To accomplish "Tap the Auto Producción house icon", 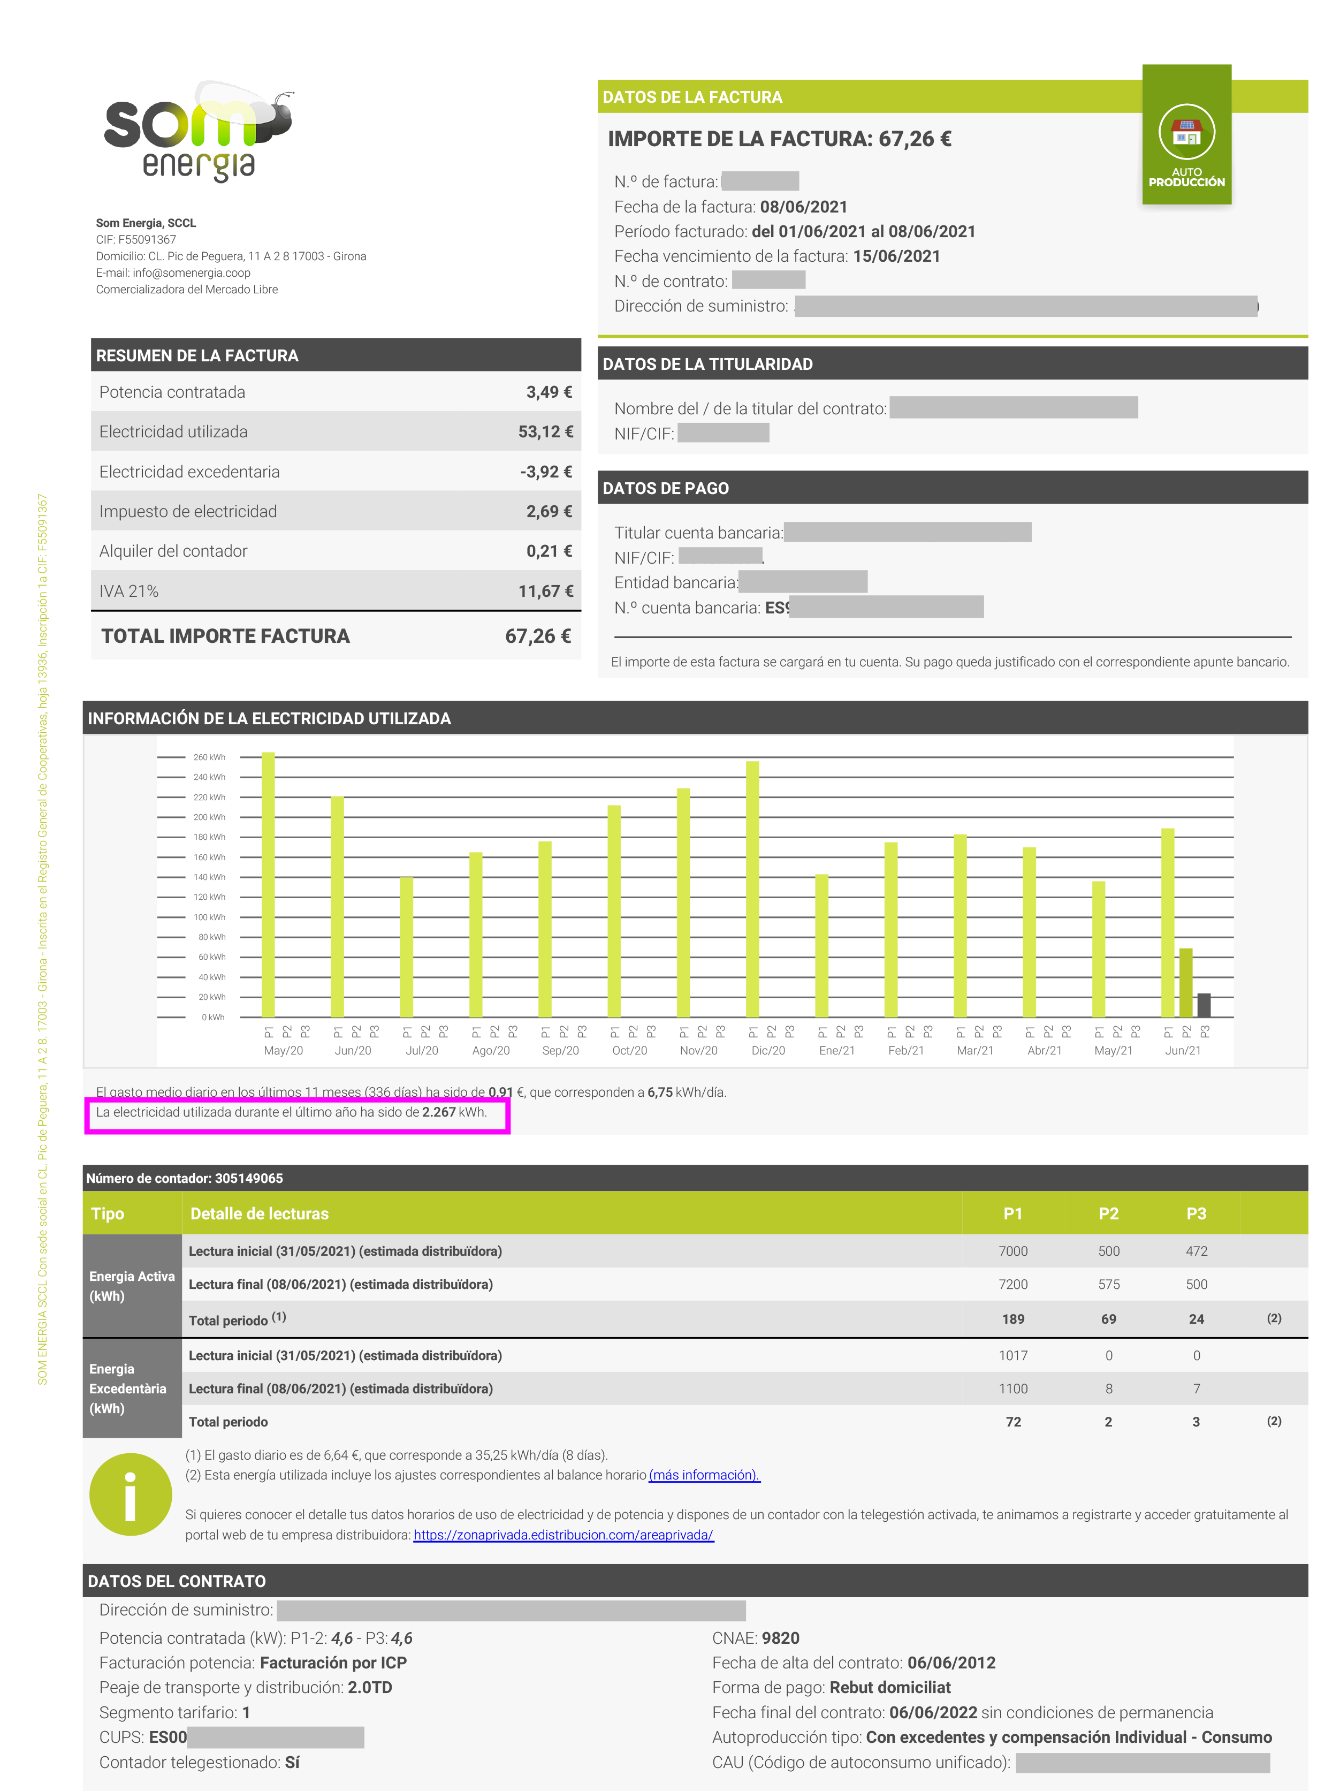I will pyautogui.click(x=1186, y=132).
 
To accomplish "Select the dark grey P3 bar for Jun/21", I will pyautogui.click(x=1203, y=1005).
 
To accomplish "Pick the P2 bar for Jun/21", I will pyautogui.click(x=1185, y=983).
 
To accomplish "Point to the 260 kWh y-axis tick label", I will pyautogui.click(x=209, y=757).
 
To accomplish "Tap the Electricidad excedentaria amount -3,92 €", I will pyautogui.click(x=546, y=472).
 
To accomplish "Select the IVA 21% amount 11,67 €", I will pyautogui.click(x=545, y=591).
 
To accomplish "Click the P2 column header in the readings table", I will pyautogui.click(x=1108, y=1213).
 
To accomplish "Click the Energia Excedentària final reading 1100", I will pyautogui.click(x=1013, y=1388).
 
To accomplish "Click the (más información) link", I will pyautogui.click(x=704, y=1475).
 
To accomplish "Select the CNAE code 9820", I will pyautogui.click(x=780, y=1638).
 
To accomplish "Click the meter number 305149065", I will pyautogui.click(x=249, y=1178).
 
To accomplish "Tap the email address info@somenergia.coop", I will pyautogui.click(x=192, y=272).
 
